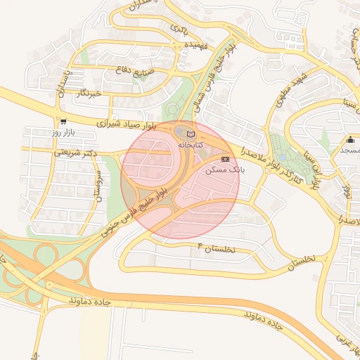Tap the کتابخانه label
pyautogui.click(x=190, y=144)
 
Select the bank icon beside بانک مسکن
pyautogui.click(x=225, y=160)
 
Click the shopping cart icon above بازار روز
pyautogui.click(x=63, y=121)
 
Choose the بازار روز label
pyautogui.click(x=63, y=132)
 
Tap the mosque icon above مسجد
pyautogui.click(x=349, y=139)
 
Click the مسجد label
pyautogui.click(x=350, y=150)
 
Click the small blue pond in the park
pyautogui.click(x=283, y=157)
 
